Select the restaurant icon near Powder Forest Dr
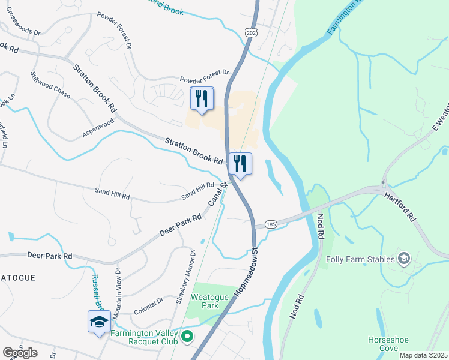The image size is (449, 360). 202,98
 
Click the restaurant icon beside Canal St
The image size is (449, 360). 240,164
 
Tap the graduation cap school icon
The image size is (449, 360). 99,322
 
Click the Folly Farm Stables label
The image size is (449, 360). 360,259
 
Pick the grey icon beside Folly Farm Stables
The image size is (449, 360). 404,259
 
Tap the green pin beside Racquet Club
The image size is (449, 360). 187,338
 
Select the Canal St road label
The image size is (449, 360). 217,195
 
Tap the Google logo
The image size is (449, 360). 20,352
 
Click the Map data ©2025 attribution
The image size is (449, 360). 423,355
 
